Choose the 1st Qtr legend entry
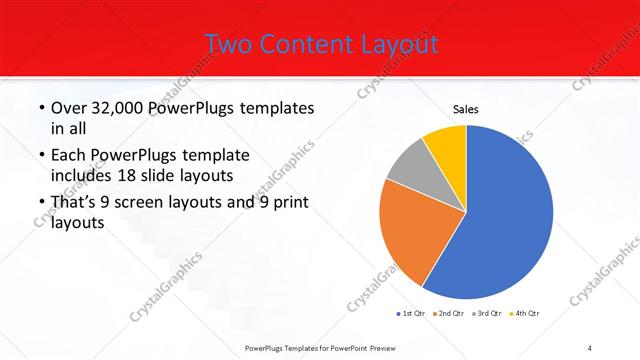tap(412, 313)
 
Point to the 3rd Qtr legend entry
tap(490, 313)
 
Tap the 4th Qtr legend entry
tap(527, 313)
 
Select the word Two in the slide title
tap(229, 44)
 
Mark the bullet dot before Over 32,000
tap(39, 108)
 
